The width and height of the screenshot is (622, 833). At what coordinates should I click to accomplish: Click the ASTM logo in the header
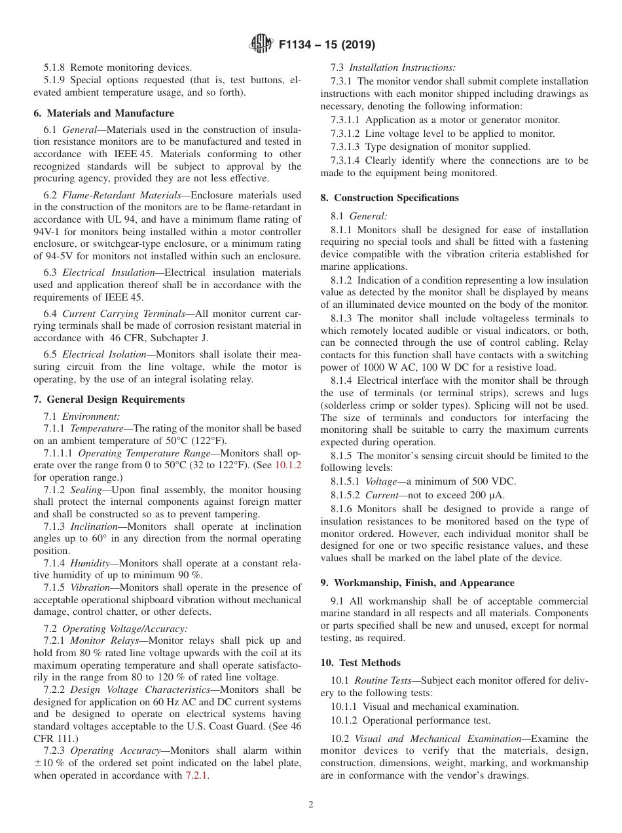pos(263,45)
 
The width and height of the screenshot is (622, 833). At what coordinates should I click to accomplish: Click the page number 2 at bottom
pos(311,804)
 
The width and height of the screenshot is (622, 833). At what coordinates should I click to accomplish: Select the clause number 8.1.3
pos(344,318)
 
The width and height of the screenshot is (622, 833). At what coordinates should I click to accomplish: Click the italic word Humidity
pos(90,563)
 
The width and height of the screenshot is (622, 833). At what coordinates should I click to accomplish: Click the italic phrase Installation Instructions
pos(402,67)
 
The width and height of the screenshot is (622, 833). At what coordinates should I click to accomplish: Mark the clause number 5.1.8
pos(55,67)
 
